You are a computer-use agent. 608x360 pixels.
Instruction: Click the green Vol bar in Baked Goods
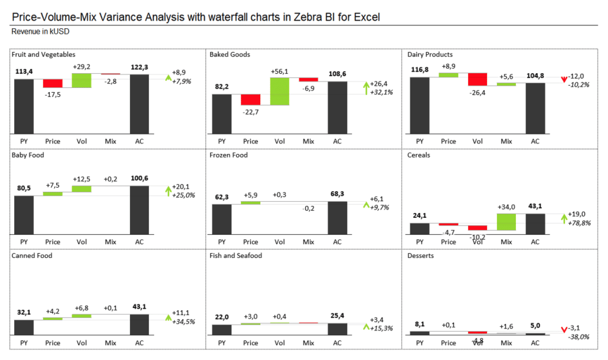pos(280,91)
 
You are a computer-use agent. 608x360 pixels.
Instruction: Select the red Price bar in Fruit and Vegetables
pos(53,83)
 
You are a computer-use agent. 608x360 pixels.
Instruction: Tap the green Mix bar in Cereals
pos(506,221)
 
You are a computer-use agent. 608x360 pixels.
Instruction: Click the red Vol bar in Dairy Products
pos(478,79)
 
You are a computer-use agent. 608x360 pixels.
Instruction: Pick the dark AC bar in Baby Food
pos(139,211)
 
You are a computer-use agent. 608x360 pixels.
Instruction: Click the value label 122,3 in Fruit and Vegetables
pos(139,67)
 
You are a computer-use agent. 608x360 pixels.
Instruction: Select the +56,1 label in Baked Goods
pos(280,71)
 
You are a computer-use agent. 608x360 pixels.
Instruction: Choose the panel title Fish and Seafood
pos(236,256)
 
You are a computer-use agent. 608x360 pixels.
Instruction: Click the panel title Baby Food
pos(28,155)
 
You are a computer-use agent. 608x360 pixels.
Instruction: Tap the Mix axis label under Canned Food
pos(110,343)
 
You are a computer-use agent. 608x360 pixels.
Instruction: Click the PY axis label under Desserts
pos(420,343)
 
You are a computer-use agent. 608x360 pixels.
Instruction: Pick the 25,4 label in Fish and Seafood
pos(337,316)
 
